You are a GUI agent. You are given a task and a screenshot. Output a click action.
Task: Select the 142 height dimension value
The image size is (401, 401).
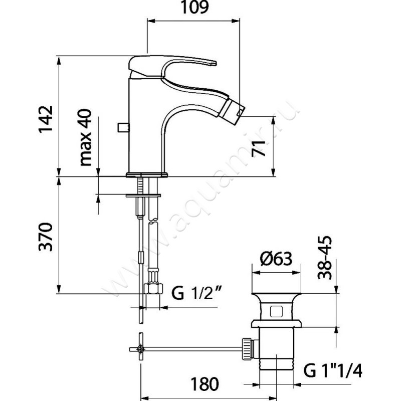pos(47,118)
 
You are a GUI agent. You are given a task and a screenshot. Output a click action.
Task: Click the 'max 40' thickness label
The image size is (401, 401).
pos(86,138)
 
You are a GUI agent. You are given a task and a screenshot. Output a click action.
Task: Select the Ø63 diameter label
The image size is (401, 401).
pos(276,260)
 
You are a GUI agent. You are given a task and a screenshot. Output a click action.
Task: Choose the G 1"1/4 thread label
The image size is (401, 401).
pos(332,371)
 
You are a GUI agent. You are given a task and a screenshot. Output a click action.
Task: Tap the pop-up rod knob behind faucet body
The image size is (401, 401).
pos(121,126)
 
